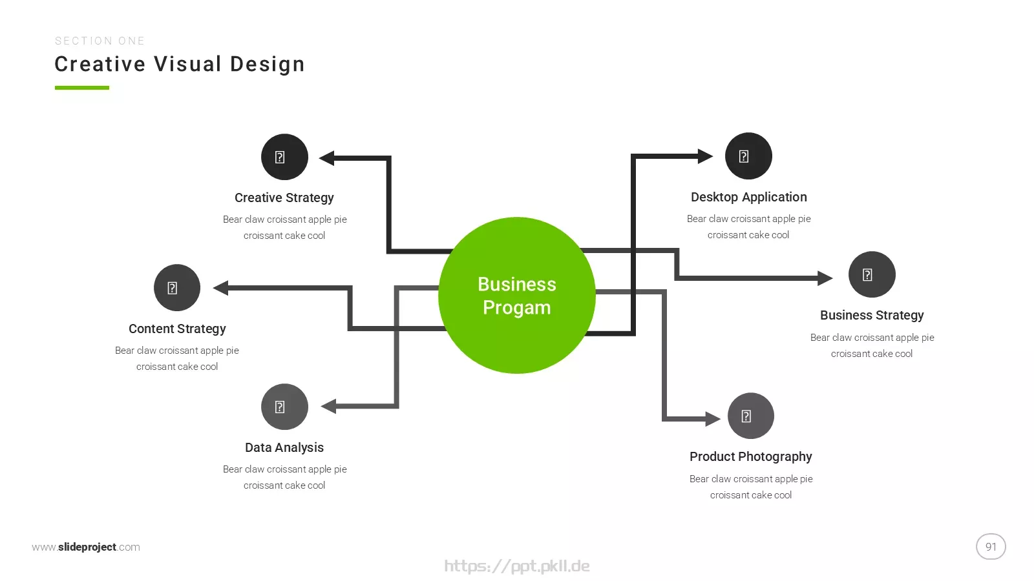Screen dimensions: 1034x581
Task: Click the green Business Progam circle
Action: (x=516, y=295)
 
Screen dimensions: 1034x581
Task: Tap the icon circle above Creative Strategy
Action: (x=284, y=157)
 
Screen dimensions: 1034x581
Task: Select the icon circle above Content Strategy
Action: (x=177, y=288)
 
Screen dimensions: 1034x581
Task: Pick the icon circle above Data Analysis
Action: (x=284, y=407)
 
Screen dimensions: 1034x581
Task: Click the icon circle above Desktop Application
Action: (x=748, y=156)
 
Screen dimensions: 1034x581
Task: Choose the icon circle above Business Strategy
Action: (x=872, y=274)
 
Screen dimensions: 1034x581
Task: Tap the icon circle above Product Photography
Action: (x=750, y=416)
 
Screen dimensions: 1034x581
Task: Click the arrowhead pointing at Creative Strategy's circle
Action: (x=326, y=158)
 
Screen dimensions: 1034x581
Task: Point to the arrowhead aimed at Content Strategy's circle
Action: (x=220, y=288)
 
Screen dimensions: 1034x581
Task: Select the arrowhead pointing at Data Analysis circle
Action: (x=328, y=406)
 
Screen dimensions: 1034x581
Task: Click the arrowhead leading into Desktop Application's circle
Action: (x=705, y=156)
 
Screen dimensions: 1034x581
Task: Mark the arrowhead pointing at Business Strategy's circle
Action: (x=825, y=278)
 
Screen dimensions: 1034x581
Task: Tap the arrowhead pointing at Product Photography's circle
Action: (x=713, y=419)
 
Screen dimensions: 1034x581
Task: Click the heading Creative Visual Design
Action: (x=180, y=64)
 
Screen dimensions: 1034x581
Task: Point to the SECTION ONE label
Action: (x=100, y=41)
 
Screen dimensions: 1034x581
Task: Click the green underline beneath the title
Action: (x=81, y=88)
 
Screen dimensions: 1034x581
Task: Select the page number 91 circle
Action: (x=991, y=546)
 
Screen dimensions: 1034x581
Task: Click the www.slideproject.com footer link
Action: (x=86, y=547)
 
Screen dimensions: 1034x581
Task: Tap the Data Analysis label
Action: (x=284, y=448)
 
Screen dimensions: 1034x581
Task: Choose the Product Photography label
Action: (x=750, y=457)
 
